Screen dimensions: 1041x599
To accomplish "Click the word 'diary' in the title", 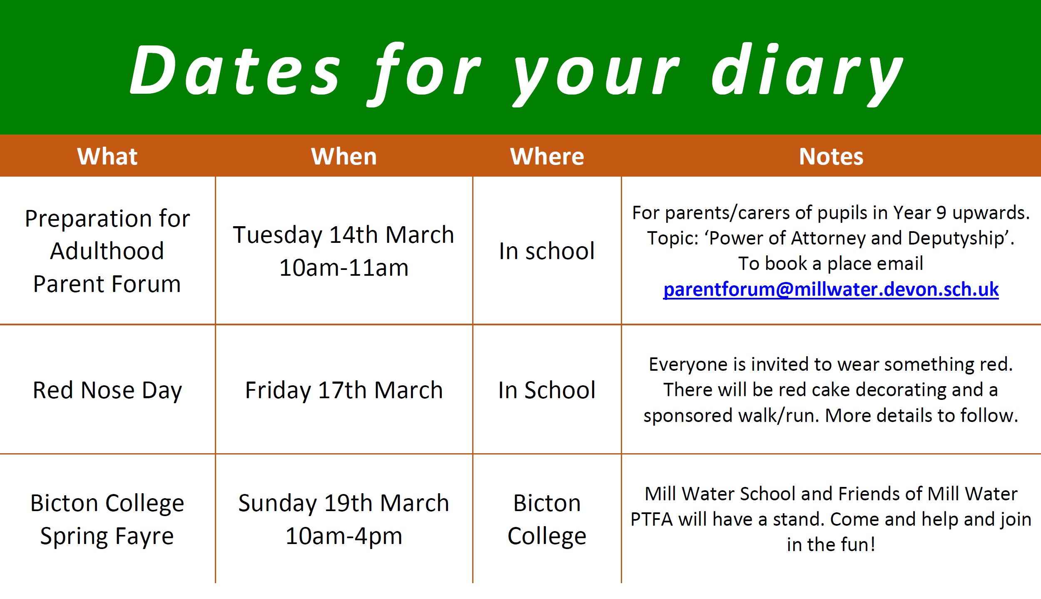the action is pyautogui.click(x=807, y=74).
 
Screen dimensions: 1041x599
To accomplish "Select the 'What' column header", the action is pyautogui.click(x=107, y=157).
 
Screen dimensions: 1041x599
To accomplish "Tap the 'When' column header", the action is pyautogui.click(x=344, y=157).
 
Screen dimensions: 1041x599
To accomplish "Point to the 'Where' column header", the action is pyautogui.click(x=547, y=157).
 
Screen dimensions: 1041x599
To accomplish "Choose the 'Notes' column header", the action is pyautogui.click(x=831, y=157).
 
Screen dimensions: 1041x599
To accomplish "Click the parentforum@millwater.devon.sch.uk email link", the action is pyautogui.click(x=831, y=290).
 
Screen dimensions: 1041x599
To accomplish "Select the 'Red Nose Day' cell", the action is pyautogui.click(x=107, y=391).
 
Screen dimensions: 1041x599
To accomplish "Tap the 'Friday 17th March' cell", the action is pyautogui.click(x=344, y=391).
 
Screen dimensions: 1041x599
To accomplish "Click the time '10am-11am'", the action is pyautogui.click(x=344, y=267).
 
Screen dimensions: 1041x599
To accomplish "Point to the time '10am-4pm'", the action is pyautogui.click(x=344, y=536).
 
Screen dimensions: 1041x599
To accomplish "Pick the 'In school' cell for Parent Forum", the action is pyautogui.click(x=547, y=251).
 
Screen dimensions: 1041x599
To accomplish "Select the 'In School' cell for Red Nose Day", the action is pyautogui.click(x=547, y=390).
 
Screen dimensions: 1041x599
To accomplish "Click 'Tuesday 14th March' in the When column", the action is pyautogui.click(x=344, y=235).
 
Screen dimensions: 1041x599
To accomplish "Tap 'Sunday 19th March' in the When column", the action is pyautogui.click(x=344, y=504).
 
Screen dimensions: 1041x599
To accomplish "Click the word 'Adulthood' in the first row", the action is pyautogui.click(x=107, y=251).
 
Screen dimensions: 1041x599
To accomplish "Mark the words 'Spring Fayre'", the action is pyautogui.click(x=107, y=537).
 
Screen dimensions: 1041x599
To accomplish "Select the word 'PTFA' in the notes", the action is pyautogui.click(x=652, y=519).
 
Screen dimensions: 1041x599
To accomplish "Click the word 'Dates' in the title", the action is pyautogui.click(x=235, y=70).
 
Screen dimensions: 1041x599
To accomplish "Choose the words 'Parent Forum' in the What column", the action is pyautogui.click(x=107, y=284).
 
